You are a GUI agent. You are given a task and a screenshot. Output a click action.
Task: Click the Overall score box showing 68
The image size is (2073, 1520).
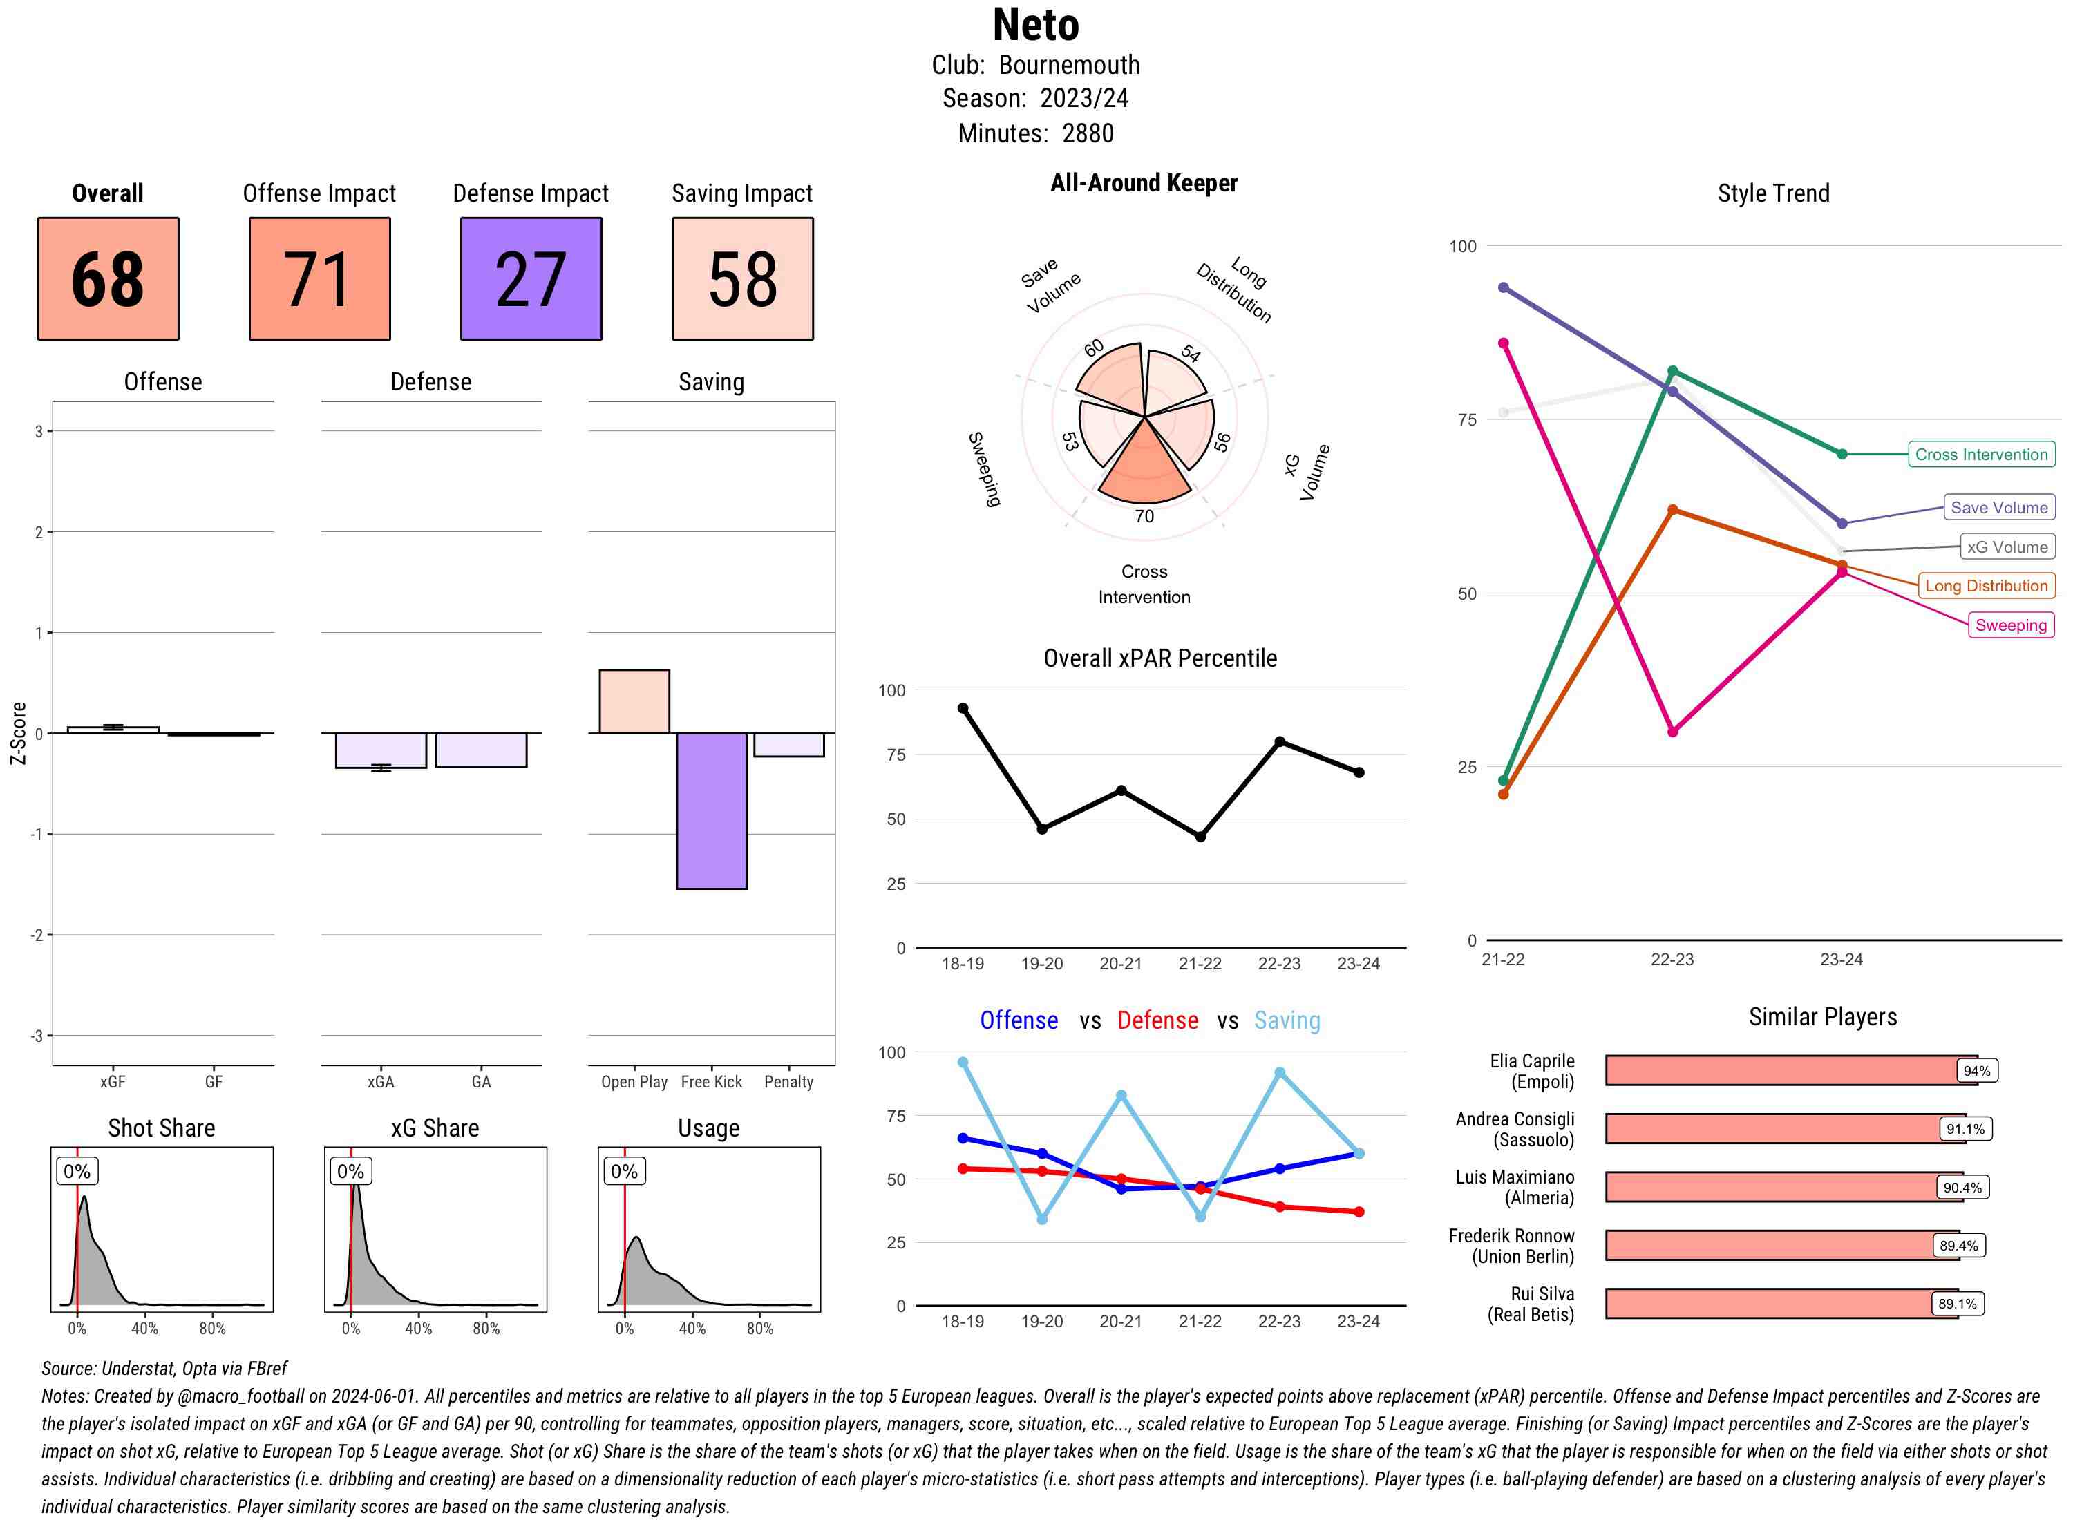(x=108, y=279)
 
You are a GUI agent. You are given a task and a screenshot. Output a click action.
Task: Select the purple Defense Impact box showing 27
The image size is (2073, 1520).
(x=531, y=279)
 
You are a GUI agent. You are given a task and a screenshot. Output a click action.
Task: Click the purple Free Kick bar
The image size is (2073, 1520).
(x=711, y=810)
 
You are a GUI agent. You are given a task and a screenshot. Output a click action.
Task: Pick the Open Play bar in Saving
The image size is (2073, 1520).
(x=634, y=701)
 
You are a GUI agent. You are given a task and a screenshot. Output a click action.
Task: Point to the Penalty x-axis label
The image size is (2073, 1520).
(x=788, y=1082)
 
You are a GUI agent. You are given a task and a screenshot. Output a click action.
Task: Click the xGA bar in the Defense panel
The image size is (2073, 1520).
(x=381, y=750)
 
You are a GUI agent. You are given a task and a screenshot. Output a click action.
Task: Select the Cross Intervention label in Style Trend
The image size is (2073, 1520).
(x=1981, y=455)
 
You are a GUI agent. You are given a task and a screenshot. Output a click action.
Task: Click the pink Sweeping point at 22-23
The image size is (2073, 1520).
(x=1672, y=732)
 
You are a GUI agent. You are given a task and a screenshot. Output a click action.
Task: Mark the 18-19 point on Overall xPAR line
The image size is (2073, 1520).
(x=963, y=708)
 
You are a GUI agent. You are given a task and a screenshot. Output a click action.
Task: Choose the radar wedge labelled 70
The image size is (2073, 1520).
(x=1144, y=465)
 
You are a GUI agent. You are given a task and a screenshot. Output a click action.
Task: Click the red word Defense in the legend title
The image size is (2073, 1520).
(x=1157, y=1020)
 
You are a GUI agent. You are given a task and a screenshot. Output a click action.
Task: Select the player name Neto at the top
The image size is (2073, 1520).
(x=1035, y=25)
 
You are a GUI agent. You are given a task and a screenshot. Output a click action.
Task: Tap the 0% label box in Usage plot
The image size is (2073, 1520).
(x=624, y=1171)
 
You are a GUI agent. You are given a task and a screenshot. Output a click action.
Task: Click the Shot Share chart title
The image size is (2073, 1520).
(x=162, y=1128)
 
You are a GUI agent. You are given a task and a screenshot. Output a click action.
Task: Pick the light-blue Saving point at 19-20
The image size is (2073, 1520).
(x=1041, y=1219)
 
